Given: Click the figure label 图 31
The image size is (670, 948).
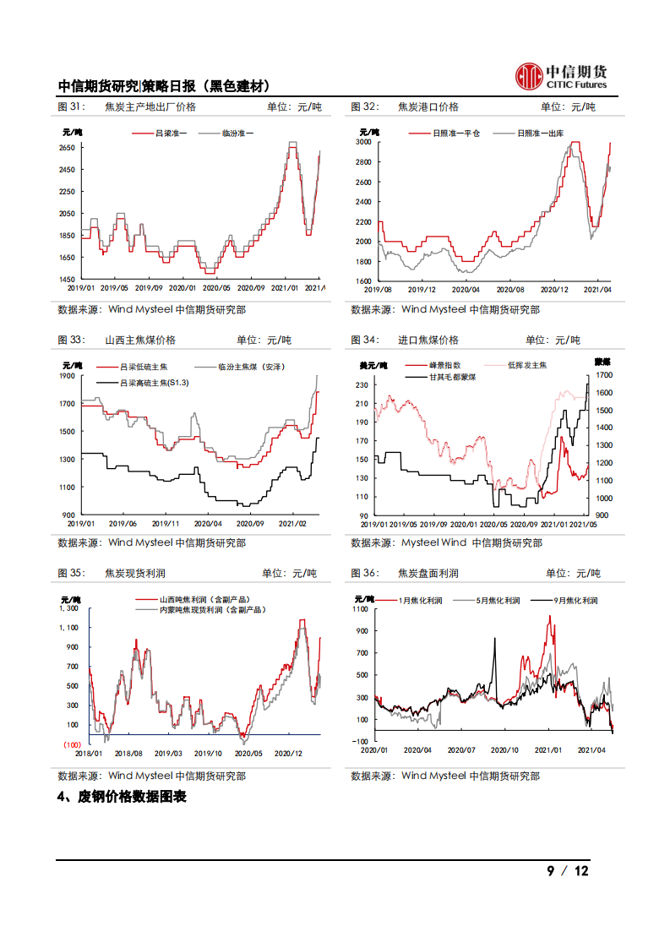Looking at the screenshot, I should (71, 107).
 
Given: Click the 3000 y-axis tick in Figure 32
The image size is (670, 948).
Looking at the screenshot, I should (363, 142).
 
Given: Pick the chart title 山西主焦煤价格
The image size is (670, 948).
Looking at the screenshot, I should (139, 340).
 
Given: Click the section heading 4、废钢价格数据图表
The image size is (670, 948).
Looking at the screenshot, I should (121, 797).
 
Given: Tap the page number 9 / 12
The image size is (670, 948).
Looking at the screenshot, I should (567, 871).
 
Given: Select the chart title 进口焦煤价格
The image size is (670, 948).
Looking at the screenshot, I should (428, 340).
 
